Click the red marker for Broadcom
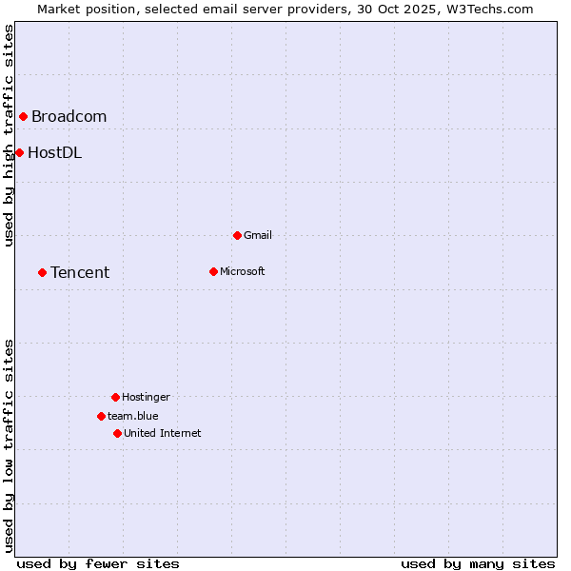pos(23,117)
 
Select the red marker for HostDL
pos(19,152)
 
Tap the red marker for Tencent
pos(42,273)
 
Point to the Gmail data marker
pos(237,235)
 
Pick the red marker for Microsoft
pos(213,272)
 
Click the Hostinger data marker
pos(115,397)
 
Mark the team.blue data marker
pos(101,416)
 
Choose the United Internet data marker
pos(117,433)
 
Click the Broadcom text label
pos(69,117)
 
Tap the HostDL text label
pos(54,152)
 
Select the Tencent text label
pos(80,273)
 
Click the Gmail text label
pos(258,235)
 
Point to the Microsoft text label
pos(243,272)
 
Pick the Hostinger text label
pos(146,397)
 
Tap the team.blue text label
pos(133,416)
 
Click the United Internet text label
pos(163,433)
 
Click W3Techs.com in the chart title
pos(487,9)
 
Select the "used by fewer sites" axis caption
pos(98,563)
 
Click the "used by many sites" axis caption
pos(478,563)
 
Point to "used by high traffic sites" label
pos(9,135)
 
